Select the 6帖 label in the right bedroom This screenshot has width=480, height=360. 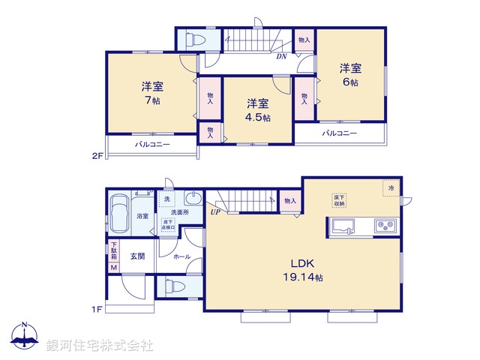(351, 82)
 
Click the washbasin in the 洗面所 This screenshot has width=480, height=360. (192, 200)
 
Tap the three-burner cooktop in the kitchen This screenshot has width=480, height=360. (385, 224)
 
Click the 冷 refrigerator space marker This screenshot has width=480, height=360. (390, 187)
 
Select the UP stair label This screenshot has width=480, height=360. (215, 212)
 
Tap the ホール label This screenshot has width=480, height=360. (181, 257)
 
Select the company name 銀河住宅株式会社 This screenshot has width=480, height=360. (99, 345)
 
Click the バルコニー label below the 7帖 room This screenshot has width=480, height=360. (152, 144)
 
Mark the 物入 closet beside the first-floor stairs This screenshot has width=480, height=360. (290, 200)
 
